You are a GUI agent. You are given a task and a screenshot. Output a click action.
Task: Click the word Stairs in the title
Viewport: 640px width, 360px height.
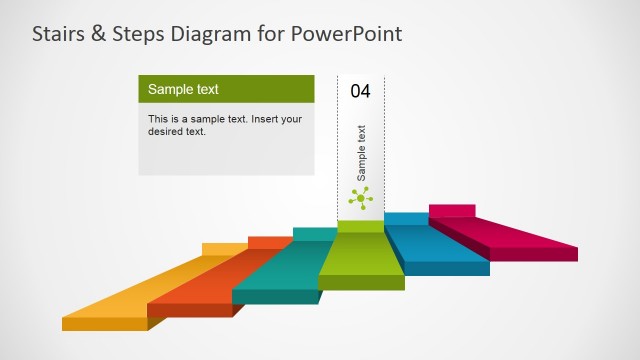[58, 34]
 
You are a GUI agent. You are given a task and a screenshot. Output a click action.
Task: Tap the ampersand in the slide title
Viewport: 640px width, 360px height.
[98, 34]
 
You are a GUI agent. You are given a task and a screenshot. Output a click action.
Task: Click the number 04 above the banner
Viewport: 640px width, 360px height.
[361, 91]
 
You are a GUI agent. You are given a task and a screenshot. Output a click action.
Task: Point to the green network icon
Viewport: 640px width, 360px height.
[360, 198]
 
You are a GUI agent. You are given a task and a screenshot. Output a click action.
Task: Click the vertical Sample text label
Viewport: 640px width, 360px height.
[361, 151]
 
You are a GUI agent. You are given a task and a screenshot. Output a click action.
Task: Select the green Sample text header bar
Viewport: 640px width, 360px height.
[226, 89]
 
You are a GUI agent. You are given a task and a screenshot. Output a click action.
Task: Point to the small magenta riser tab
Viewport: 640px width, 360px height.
[451, 209]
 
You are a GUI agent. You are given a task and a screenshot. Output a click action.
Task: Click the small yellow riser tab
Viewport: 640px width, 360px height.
[224, 248]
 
